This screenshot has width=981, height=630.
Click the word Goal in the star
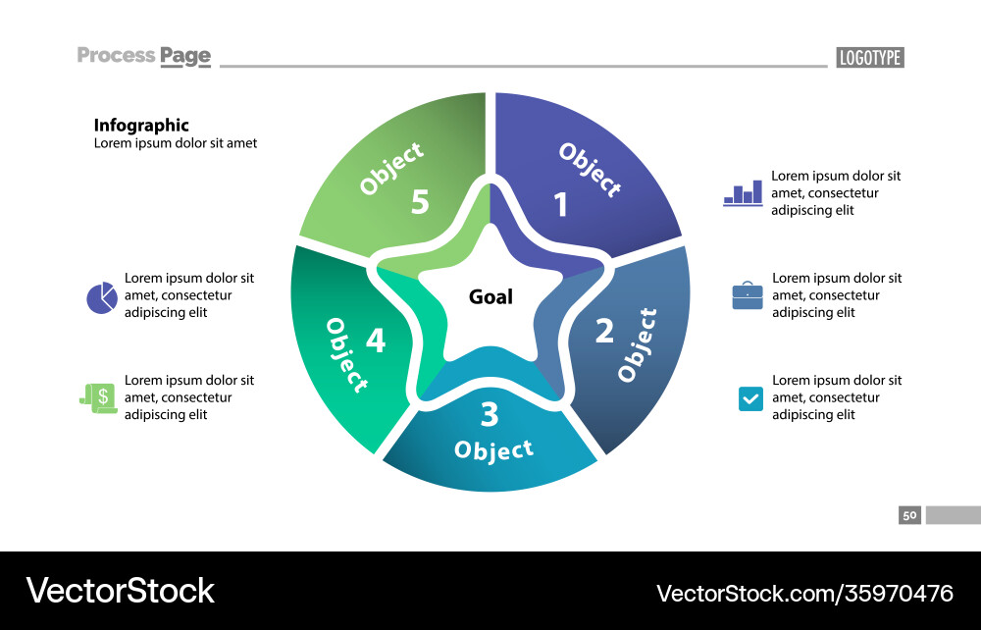(490, 296)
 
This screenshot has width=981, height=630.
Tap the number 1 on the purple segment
(560, 205)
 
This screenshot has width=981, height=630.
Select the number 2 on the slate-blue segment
(604, 331)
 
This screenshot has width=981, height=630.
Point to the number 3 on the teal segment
(490, 415)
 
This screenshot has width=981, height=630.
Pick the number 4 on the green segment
(376, 341)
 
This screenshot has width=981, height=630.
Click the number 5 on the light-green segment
(420, 202)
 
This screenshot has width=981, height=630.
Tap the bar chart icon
(743, 192)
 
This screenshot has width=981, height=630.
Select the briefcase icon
(748, 295)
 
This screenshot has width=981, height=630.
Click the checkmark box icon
(749, 398)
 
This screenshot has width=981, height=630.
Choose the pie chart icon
(101, 297)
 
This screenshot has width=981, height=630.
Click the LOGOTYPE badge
(870, 58)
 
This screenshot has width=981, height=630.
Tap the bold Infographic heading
(141, 126)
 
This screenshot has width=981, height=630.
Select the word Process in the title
(116, 55)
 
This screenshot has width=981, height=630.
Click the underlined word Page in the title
(185, 56)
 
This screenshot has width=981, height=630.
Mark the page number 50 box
(909, 515)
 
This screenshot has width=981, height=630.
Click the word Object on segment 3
(493, 450)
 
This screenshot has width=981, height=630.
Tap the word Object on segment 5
(392, 168)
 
